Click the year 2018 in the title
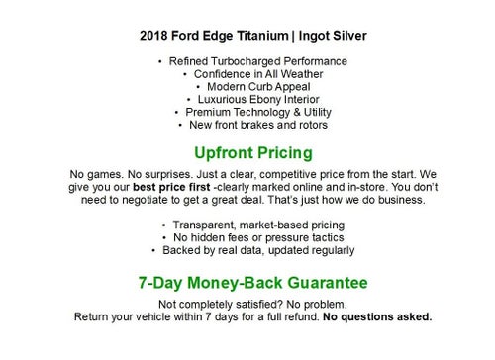tap(155, 37)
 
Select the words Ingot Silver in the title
tap(332, 37)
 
